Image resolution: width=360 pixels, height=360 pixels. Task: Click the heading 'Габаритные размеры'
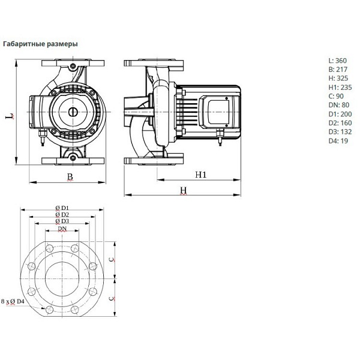point(40,44)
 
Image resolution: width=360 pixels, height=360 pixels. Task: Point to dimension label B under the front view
point(70,176)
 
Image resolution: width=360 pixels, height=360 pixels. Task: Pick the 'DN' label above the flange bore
point(62,229)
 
